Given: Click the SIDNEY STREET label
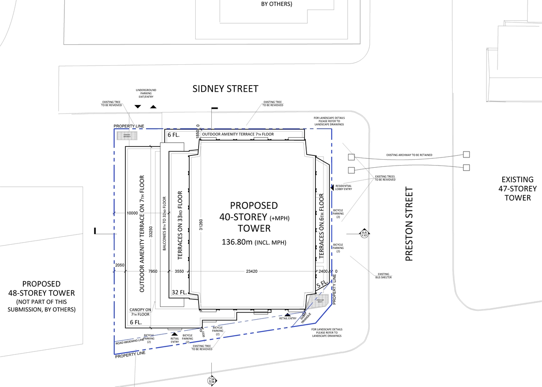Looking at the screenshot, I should [225, 89].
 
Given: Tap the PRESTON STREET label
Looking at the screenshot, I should [409, 224].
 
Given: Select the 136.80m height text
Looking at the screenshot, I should [254, 242].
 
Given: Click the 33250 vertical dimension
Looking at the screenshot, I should [150, 234].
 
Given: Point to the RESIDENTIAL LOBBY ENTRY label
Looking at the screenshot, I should [343, 187].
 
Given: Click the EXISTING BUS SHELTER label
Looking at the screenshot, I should [384, 276].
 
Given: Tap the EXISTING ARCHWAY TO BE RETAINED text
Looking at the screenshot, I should [409, 155].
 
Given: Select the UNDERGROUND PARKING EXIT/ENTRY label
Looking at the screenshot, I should [146, 94].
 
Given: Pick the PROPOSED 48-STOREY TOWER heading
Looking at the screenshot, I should [41, 288].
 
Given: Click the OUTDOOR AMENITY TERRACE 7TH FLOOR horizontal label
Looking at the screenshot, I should [238, 134].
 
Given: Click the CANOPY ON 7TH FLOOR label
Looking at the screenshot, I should [140, 312].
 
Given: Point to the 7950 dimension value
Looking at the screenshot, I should [153, 271].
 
